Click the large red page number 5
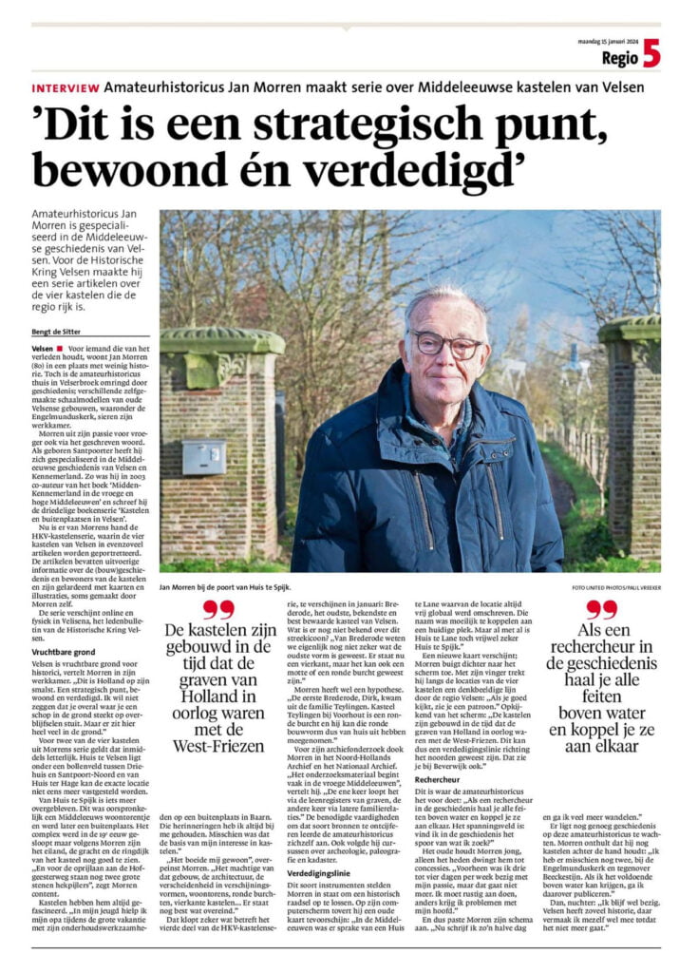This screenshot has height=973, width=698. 651,56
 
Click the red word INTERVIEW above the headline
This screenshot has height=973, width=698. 65,87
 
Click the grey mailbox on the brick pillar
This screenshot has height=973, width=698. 204,456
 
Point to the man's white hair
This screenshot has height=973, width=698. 444,302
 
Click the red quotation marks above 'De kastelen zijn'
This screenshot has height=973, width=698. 218,609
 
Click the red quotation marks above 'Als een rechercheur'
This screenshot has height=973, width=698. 600,609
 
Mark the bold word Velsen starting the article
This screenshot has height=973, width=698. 45,350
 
